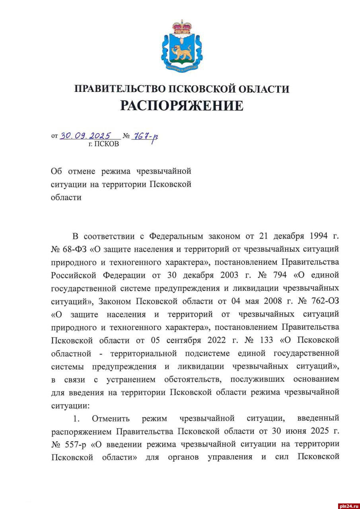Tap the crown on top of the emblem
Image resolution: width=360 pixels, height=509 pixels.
[181, 27]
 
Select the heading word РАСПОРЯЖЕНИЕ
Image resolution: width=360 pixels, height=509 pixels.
[181, 106]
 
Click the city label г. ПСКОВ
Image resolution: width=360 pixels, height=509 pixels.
[103, 144]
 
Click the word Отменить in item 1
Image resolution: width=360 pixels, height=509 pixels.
[111, 419]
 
